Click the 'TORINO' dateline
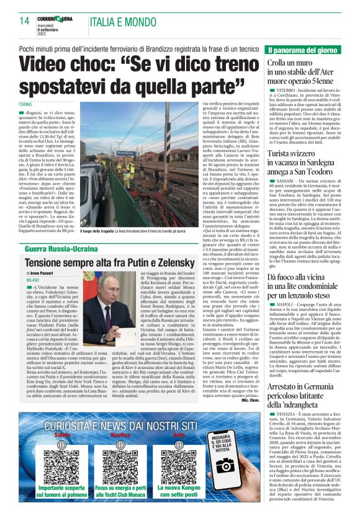click(x=25, y=104)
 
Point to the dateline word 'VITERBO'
click(x=282, y=91)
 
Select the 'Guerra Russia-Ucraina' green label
click(x=61, y=249)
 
